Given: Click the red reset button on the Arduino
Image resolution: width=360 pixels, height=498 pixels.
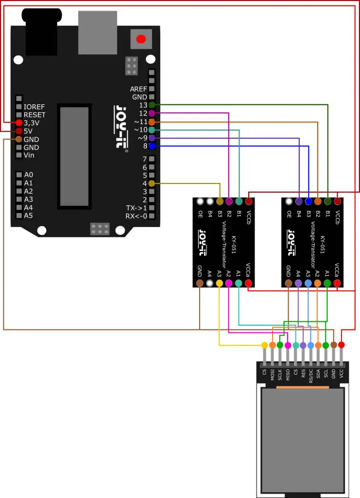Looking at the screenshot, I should (x=141, y=39).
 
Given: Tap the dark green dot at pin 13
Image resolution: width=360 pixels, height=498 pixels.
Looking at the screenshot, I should (x=152, y=105).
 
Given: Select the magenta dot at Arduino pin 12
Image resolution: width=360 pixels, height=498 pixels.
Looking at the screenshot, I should (x=152, y=113).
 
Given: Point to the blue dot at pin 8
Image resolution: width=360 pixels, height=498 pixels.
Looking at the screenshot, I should (x=152, y=146).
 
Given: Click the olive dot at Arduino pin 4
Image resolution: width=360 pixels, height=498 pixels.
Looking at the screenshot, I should (x=152, y=183).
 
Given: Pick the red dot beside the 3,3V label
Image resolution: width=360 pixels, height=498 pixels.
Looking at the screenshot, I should (x=19, y=122).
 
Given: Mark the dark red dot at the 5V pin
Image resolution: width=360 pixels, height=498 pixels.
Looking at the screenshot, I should (x=19, y=131).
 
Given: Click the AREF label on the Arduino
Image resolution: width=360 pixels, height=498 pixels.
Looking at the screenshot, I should (x=138, y=89).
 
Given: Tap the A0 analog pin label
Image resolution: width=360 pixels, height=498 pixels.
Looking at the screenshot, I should (x=28, y=175).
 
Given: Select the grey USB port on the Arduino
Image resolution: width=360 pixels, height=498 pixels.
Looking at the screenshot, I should (x=97, y=33).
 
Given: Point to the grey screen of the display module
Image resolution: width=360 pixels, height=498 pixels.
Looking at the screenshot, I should (x=303, y=439).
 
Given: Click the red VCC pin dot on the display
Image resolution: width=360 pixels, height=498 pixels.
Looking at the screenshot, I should (x=342, y=345).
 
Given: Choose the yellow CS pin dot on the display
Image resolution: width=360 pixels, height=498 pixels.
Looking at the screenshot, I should (x=265, y=345).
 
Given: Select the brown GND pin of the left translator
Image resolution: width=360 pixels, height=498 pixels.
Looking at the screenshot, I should (x=199, y=283).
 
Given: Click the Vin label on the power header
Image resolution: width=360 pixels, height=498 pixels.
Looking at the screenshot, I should (x=29, y=155).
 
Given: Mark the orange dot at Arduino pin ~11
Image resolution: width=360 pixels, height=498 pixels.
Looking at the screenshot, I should (x=152, y=122).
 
